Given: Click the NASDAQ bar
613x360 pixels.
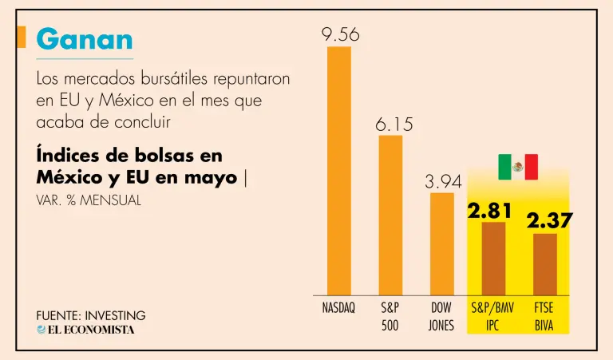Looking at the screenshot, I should click(338, 170).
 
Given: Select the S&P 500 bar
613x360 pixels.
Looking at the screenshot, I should click(390, 215).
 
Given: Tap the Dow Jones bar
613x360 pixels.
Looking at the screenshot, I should click(442, 243).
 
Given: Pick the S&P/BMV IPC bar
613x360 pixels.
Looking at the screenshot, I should click(493, 258).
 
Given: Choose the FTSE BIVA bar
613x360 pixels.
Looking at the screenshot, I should click(545, 263).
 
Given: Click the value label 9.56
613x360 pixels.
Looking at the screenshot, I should click(340, 34).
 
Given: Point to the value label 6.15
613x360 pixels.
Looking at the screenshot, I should click(392, 125).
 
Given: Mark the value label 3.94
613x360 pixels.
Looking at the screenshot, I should click(443, 182).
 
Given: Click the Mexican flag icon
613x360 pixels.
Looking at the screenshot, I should click(518, 167).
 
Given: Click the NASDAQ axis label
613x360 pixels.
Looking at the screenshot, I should click(338, 307).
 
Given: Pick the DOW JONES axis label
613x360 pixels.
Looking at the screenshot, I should click(442, 316).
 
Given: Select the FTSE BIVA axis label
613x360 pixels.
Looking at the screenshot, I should click(545, 316).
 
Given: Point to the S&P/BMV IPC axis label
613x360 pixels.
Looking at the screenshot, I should click(493, 316).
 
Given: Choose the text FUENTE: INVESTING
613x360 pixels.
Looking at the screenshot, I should click(91, 315).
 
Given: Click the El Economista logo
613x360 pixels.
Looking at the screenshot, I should click(85, 330).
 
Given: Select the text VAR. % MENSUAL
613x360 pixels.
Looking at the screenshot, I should click(89, 200).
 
